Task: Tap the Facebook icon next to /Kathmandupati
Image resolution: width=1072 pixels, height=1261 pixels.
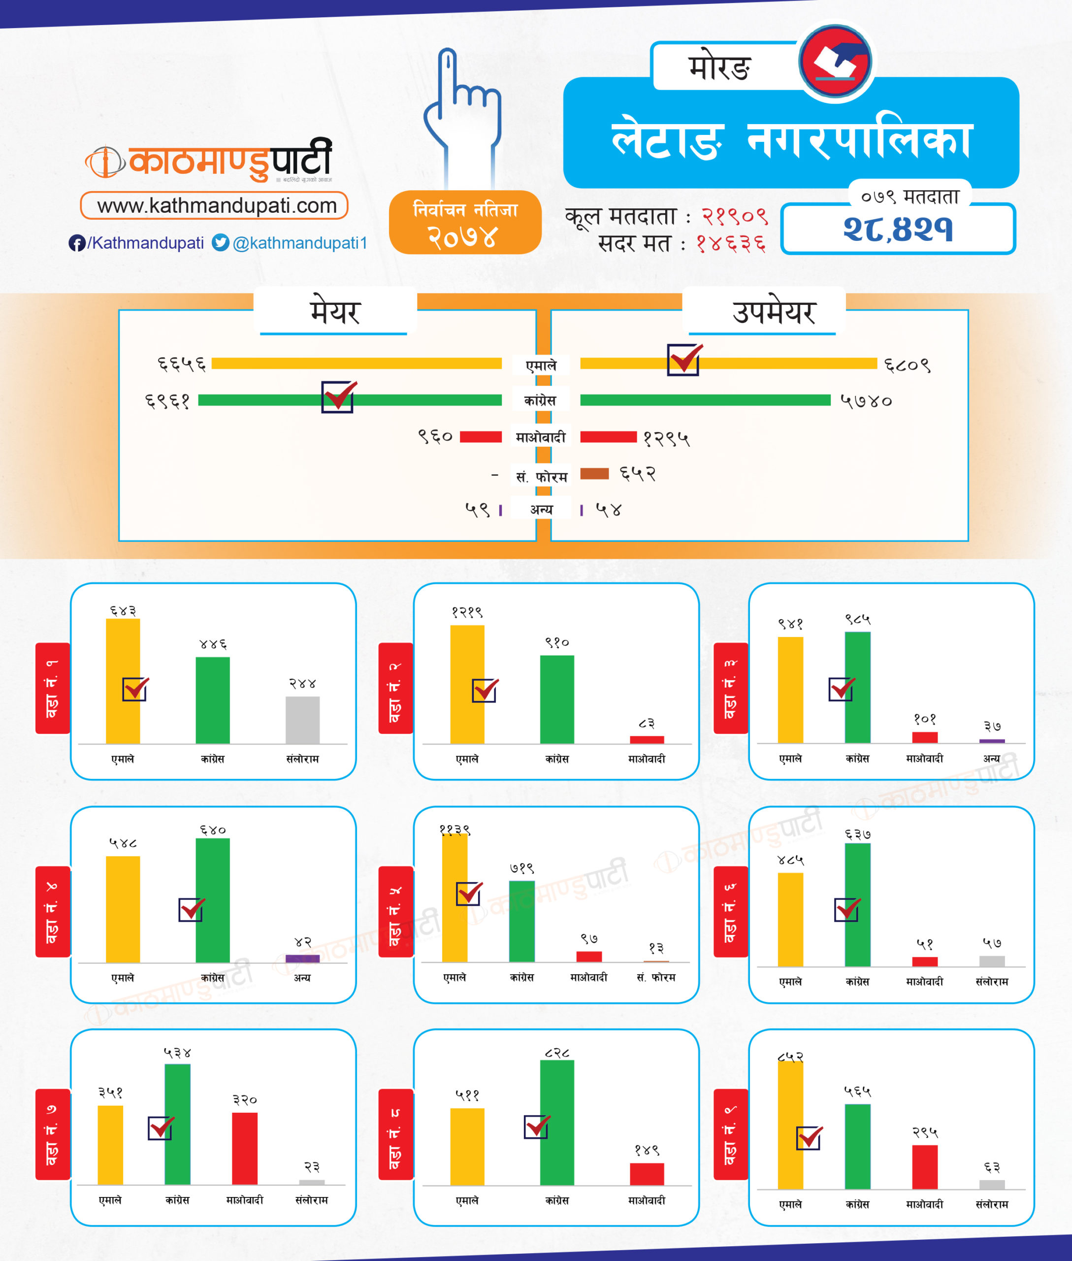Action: (x=77, y=243)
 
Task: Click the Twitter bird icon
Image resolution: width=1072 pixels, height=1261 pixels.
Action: (x=220, y=242)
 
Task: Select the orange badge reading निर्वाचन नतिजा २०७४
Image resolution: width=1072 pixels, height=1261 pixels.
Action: (x=465, y=223)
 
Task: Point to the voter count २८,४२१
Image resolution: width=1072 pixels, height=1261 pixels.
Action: (x=898, y=229)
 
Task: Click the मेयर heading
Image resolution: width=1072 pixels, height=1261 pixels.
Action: (x=335, y=312)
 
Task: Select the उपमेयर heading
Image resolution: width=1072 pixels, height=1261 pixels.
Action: (x=773, y=312)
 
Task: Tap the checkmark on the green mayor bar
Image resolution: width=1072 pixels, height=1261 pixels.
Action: (x=338, y=397)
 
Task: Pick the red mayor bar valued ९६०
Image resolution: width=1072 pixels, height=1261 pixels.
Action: (x=480, y=436)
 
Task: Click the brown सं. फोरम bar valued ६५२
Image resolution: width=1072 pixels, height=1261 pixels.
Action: (x=594, y=474)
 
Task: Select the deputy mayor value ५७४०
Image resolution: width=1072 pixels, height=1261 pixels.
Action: (x=866, y=400)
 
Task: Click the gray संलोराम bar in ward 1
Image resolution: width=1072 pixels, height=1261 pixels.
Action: (x=303, y=719)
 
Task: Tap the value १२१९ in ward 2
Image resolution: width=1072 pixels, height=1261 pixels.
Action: (x=467, y=612)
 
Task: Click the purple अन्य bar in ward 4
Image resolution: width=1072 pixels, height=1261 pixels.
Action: (x=303, y=958)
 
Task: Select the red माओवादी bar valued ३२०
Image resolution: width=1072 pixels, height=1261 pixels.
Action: (x=244, y=1148)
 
